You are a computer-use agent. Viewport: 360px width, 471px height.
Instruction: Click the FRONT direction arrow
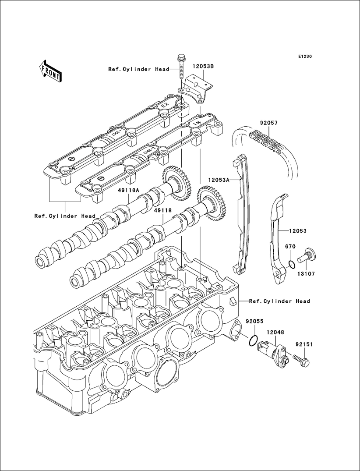(x=50, y=71)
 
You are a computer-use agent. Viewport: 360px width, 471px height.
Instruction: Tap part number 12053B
(x=203, y=66)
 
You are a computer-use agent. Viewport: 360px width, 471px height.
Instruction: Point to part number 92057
(x=268, y=124)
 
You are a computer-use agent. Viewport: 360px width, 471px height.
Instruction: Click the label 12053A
(x=219, y=180)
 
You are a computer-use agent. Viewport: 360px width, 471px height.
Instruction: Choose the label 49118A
(x=128, y=190)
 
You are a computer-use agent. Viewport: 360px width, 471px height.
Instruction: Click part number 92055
(x=254, y=321)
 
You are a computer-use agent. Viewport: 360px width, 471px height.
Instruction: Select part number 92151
(x=304, y=344)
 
